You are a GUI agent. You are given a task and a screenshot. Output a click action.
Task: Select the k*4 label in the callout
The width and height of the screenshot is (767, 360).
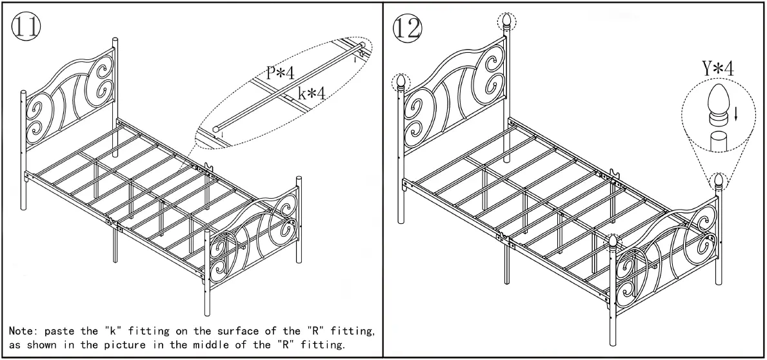click(312, 94)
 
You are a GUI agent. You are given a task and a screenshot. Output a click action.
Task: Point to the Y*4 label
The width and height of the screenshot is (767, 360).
click(717, 68)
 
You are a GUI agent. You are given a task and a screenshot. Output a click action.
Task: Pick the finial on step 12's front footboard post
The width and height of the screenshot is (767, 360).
click(613, 242)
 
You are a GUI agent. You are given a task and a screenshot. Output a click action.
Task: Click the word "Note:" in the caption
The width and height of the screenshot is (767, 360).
click(24, 331)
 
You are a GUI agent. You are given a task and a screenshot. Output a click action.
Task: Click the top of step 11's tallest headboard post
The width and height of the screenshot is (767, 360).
click(115, 40)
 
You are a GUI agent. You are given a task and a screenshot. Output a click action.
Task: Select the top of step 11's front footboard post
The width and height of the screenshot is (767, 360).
click(208, 232)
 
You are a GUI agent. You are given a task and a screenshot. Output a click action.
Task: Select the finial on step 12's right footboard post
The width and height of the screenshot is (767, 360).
click(719, 180)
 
